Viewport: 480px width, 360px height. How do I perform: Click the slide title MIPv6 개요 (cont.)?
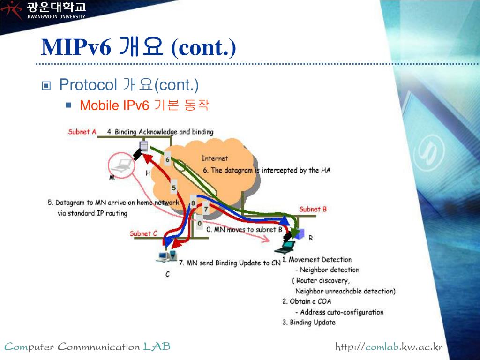139,47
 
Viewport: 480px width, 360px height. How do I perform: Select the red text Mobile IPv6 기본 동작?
144,105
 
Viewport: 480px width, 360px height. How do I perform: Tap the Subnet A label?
82,132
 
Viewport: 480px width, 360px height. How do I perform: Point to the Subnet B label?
313,209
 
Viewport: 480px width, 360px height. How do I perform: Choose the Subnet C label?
143,233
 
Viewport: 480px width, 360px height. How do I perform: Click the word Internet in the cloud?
215,158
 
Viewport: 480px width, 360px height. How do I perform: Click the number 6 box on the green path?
168,160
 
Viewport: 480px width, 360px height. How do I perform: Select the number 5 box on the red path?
174,188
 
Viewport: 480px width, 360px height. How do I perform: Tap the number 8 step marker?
193,203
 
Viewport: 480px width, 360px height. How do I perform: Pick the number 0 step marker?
200,224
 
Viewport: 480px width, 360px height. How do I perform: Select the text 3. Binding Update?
309,322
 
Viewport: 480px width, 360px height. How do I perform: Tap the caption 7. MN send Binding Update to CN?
230,263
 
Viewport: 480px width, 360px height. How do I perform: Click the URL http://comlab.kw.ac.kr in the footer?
389,347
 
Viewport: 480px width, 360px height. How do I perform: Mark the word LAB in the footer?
157,347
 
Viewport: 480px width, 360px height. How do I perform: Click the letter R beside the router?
310,238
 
